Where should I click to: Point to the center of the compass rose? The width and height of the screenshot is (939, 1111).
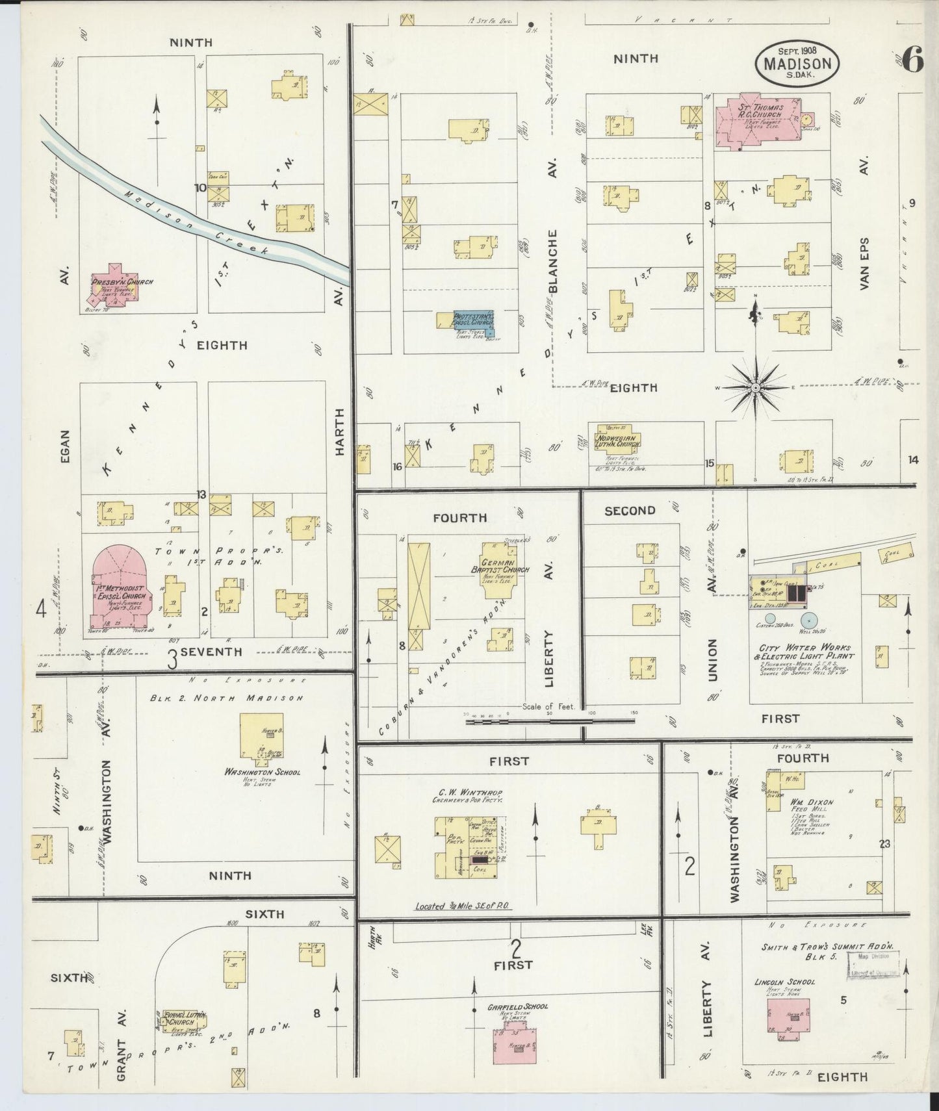[x=755, y=388]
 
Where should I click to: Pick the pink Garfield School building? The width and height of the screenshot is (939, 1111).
[x=514, y=1045]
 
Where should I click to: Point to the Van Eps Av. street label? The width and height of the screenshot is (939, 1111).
[x=864, y=263]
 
